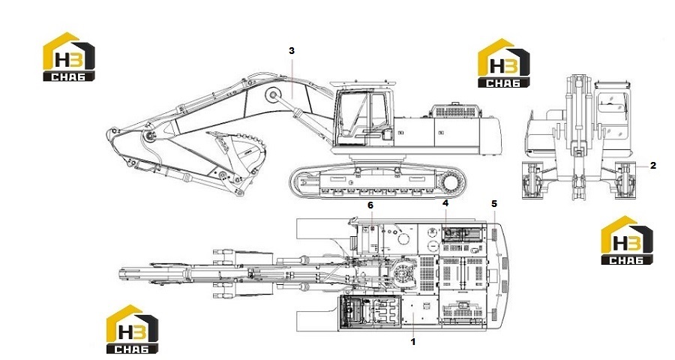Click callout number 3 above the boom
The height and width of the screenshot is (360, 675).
point(292,51)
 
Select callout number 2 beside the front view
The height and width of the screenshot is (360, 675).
point(653,165)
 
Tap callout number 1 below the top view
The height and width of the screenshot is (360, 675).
point(413,342)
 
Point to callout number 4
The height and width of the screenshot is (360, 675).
point(445,202)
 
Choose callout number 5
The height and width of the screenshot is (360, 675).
point(494,203)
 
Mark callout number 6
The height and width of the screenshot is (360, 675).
point(370,205)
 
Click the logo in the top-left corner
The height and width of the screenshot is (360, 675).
point(69,56)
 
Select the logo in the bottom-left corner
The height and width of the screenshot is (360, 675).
point(133,329)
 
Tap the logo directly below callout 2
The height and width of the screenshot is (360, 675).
point(627,240)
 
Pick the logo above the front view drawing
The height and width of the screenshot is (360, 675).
point(504,63)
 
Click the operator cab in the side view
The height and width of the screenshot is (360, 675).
point(364,116)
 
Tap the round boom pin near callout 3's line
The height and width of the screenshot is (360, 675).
point(272,94)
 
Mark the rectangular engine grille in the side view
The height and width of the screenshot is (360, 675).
point(456,112)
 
